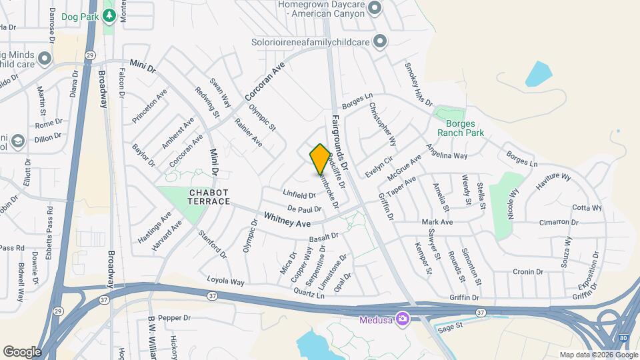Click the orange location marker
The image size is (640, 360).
pyautogui.click(x=320, y=159)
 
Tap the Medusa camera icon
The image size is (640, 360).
pyautogui.click(x=402, y=319)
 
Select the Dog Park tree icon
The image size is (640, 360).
pyautogui.click(x=110, y=15)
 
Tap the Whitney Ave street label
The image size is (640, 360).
pyautogui.click(x=287, y=218)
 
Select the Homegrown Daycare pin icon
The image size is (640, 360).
pyautogui.click(x=375, y=8)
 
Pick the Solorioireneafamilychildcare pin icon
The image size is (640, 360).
pyautogui.click(x=380, y=41)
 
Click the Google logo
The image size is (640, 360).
pyautogui.click(x=22, y=351)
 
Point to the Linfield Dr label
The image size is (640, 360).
pyautogui.click(x=299, y=195)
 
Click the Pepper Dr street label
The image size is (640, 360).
pyautogui.click(x=175, y=318)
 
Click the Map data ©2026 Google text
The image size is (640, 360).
pyautogui.click(x=597, y=355)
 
